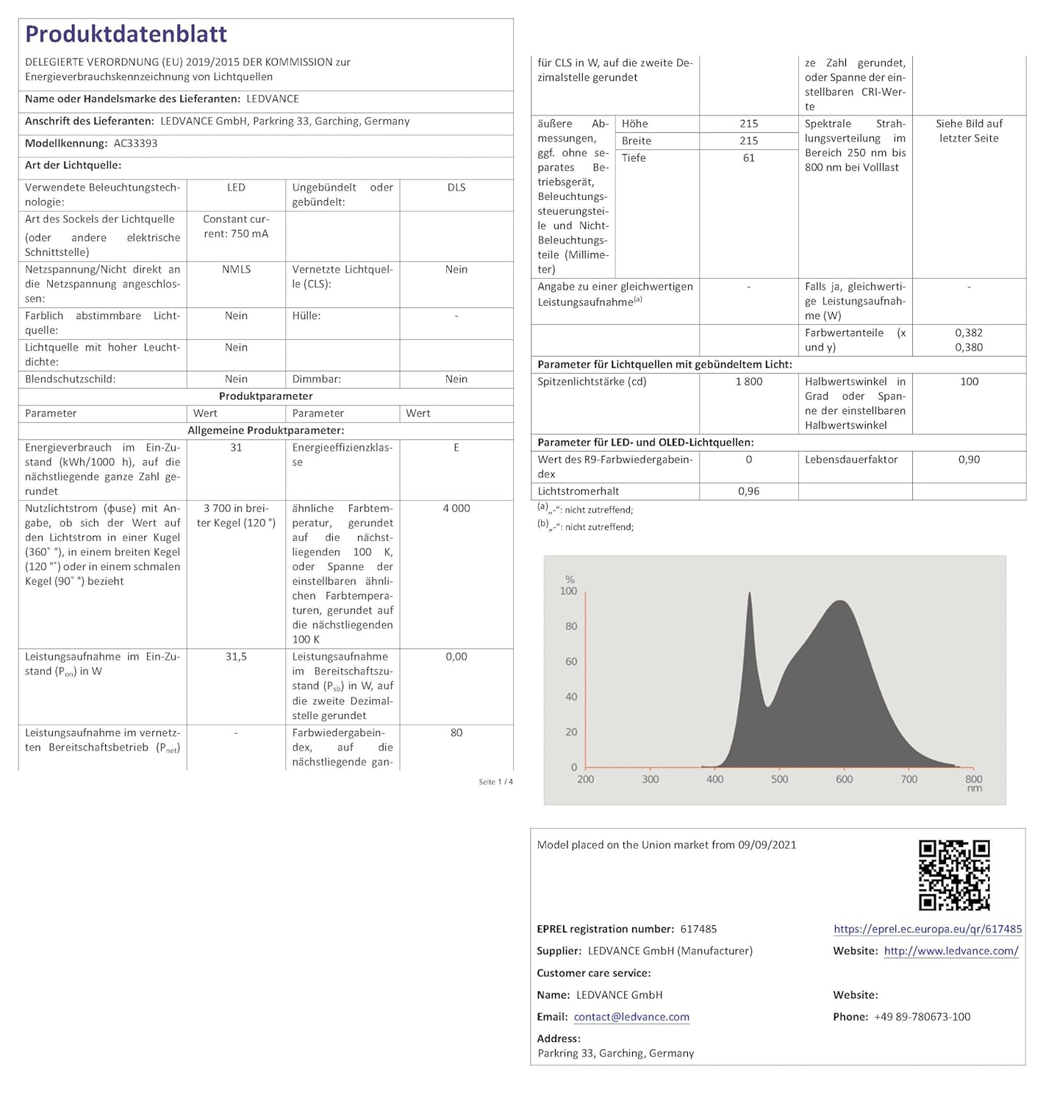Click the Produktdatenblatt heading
pos(126,34)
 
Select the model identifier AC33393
pos(135,143)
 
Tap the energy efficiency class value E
pos(456,448)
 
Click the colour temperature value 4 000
pos(456,509)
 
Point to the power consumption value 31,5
pos(236,657)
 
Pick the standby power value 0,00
pos(456,657)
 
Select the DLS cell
pos(456,188)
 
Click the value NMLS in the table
pos(236,270)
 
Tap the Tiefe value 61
pos(748,158)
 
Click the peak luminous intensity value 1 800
pos(748,382)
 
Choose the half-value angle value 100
pos(969,382)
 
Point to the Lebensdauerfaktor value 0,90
pos(969,460)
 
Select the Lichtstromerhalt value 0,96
pos(748,491)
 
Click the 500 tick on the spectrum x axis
pos(779,779)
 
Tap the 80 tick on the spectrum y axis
pos(571,627)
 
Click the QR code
pos(954,875)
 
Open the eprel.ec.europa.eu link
pos(928,929)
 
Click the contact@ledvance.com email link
pos(631,1017)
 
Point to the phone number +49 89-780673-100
pos(922,1017)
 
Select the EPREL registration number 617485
pos(698,929)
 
